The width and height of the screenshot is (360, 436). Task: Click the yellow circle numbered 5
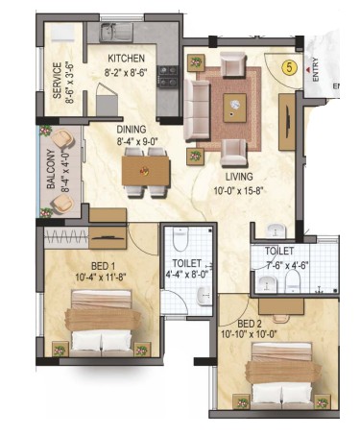pyautogui.click(x=290, y=67)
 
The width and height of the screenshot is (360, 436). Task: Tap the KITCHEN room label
pyautogui.click(x=126, y=59)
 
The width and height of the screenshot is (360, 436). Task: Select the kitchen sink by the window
pyautogui.click(x=116, y=33)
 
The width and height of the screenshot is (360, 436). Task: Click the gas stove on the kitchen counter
pyautogui.click(x=168, y=77)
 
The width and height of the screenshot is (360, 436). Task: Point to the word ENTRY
pyautogui.click(x=315, y=69)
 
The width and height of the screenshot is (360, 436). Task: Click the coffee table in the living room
pyautogui.click(x=235, y=108)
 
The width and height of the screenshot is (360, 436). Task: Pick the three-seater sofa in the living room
pyautogui.click(x=197, y=110)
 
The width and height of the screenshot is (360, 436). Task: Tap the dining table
pyautogui.click(x=146, y=172)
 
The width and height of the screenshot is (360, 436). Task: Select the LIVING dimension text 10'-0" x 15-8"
pyautogui.click(x=238, y=191)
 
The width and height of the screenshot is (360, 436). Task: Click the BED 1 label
pyautogui.click(x=104, y=266)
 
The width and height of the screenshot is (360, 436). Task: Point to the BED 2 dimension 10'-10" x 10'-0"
pyautogui.click(x=249, y=334)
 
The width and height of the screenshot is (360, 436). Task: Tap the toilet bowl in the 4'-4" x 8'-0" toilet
pyautogui.click(x=180, y=239)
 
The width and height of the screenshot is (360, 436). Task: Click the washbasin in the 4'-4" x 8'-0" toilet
pyautogui.click(x=204, y=296)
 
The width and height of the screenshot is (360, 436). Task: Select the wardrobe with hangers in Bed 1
pyautogui.click(x=66, y=238)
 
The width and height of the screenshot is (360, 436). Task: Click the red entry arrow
pyautogui.click(x=307, y=69)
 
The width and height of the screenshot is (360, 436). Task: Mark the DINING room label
pyautogui.click(x=132, y=130)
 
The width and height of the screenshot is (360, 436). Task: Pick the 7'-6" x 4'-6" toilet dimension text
pyautogui.click(x=287, y=265)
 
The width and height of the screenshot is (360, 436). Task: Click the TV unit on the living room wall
pyautogui.click(x=287, y=122)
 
